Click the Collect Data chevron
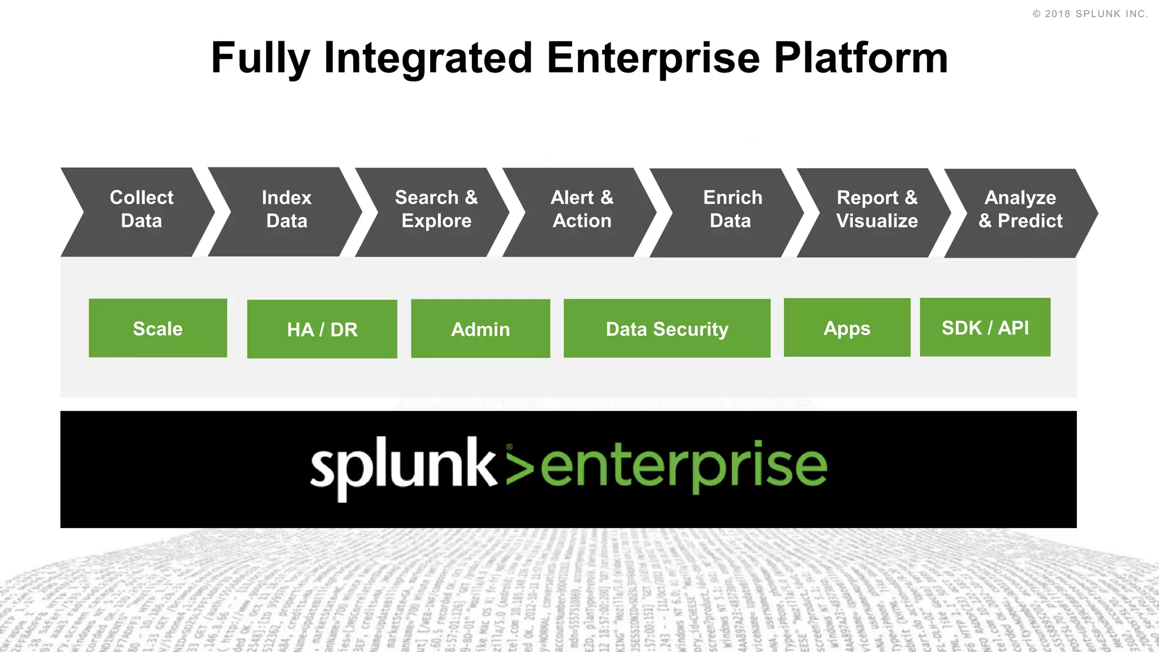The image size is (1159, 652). pyautogui.click(x=141, y=211)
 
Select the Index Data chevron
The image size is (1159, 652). pyautogui.click(x=287, y=211)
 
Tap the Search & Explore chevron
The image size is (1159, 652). pyautogui.click(x=436, y=211)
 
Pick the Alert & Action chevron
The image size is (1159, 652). pyautogui.click(x=582, y=211)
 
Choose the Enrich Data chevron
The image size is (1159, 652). pyautogui.click(x=731, y=211)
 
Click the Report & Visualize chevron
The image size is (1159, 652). pyautogui.click(x=877, y=211)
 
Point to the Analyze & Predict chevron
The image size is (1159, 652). pyautogui.click(x=1021, y=211)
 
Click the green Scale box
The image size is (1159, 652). pyautogui.click(x=158, y=328)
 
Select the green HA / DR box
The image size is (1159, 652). pyautogui.click(x=322, y=329)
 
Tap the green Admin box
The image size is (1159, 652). pyautogui.click(x=480, y=329)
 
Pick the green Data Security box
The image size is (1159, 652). pyautogui.click(x=667, y=329)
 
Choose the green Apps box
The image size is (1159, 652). pyautogui.click(x=847, y=328)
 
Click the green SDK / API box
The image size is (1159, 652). pyautogui.click(x=985, y=327)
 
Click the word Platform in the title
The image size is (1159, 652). pyautogui.click(x=860, y=58)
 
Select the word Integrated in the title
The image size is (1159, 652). pyautogui.click(x=428, y=58)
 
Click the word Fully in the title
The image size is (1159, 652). pyautogui.click(x=260, y=58)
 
